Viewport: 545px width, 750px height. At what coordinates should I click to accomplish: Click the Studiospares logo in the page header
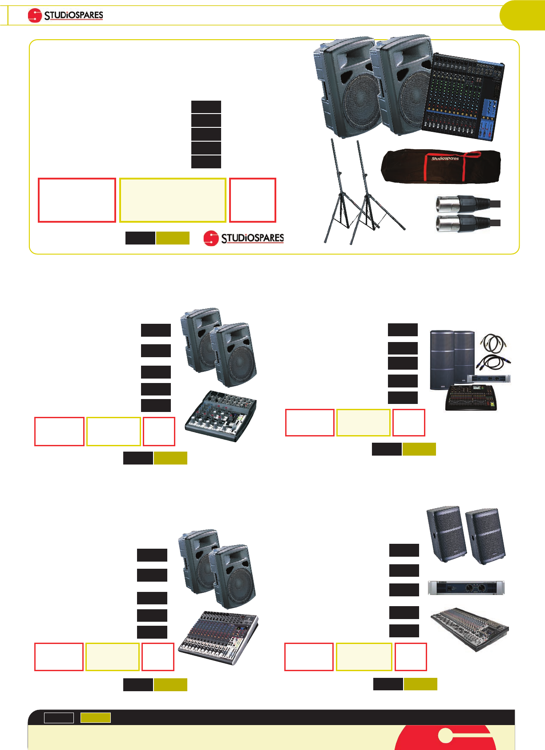(65, 16)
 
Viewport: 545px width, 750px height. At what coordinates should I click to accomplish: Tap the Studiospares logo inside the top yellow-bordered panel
(244, 238)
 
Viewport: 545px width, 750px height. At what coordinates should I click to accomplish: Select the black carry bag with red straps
(440, 166)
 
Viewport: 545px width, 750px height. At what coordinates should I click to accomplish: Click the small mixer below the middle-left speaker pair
(220, 416)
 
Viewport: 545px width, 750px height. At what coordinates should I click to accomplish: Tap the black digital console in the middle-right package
(471, 397)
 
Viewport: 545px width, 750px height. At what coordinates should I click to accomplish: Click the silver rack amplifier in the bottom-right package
(466, 588)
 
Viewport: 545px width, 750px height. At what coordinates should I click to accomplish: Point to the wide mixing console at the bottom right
(469, 630)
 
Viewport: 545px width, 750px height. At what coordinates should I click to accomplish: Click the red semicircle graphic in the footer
(445, 739)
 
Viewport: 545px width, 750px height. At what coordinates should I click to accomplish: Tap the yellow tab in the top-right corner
(523, 16)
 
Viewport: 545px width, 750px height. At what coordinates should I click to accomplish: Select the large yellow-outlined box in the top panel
(173, 200)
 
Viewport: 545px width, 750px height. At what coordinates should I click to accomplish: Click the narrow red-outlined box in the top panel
(252, 200)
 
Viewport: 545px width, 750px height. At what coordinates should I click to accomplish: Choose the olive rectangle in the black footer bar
(95, 717)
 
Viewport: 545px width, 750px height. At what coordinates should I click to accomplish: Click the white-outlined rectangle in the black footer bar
(59, 717)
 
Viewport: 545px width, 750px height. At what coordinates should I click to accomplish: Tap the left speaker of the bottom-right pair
(446, 534)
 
